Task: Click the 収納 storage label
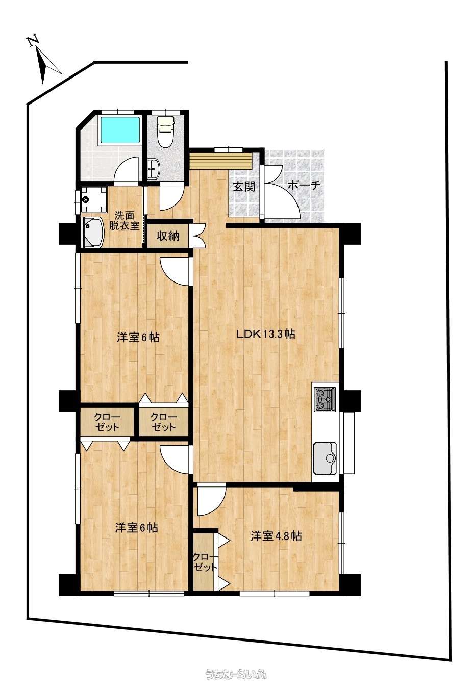pos(168,236)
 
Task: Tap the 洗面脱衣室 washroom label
pos(124,220)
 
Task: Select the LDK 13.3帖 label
pos(265,334)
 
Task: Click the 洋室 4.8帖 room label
pos(277,536)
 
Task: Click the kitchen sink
pos(325,458)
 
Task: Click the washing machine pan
pos(92,199)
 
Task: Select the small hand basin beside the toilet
pos(153,169)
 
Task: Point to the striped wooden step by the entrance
pos(221,160)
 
